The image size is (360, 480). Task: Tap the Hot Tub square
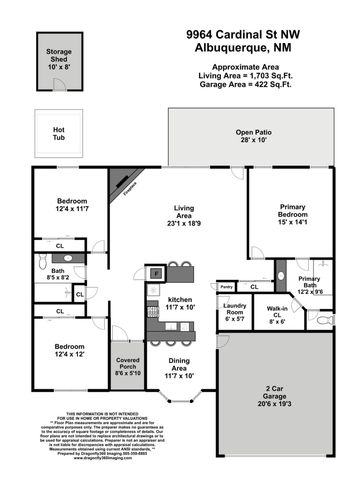58,131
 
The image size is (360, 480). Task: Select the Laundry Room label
234,312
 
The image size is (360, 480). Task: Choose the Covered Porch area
128,365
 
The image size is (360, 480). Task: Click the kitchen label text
179,299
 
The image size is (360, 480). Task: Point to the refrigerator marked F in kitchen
155,272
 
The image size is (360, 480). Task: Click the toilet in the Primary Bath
325,321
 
